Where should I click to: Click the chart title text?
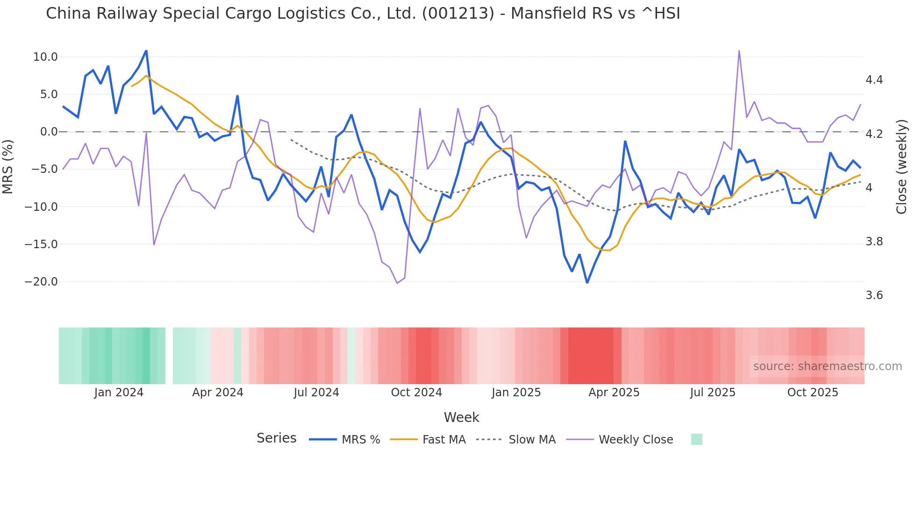coord(363,14)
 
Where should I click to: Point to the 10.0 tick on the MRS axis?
coord(45,57)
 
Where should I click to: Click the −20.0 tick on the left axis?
coord(41,282)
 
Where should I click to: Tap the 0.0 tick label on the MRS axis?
coord(49,132)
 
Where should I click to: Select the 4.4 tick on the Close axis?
coord(874,80)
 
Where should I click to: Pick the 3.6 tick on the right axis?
coord(874,295)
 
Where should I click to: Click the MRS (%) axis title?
coord(8,166)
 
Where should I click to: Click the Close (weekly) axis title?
coord(902,167)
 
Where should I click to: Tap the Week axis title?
coord(461,417)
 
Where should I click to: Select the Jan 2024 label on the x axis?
coord(119,393)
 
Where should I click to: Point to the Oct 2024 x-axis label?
coord(416,393)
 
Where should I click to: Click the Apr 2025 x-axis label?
coord(614,393)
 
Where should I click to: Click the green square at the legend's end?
coord(696,439)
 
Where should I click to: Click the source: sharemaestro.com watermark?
coord(827,366)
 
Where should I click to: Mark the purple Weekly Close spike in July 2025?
coord(739,51)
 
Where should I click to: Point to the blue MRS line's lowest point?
coord(587,283)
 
